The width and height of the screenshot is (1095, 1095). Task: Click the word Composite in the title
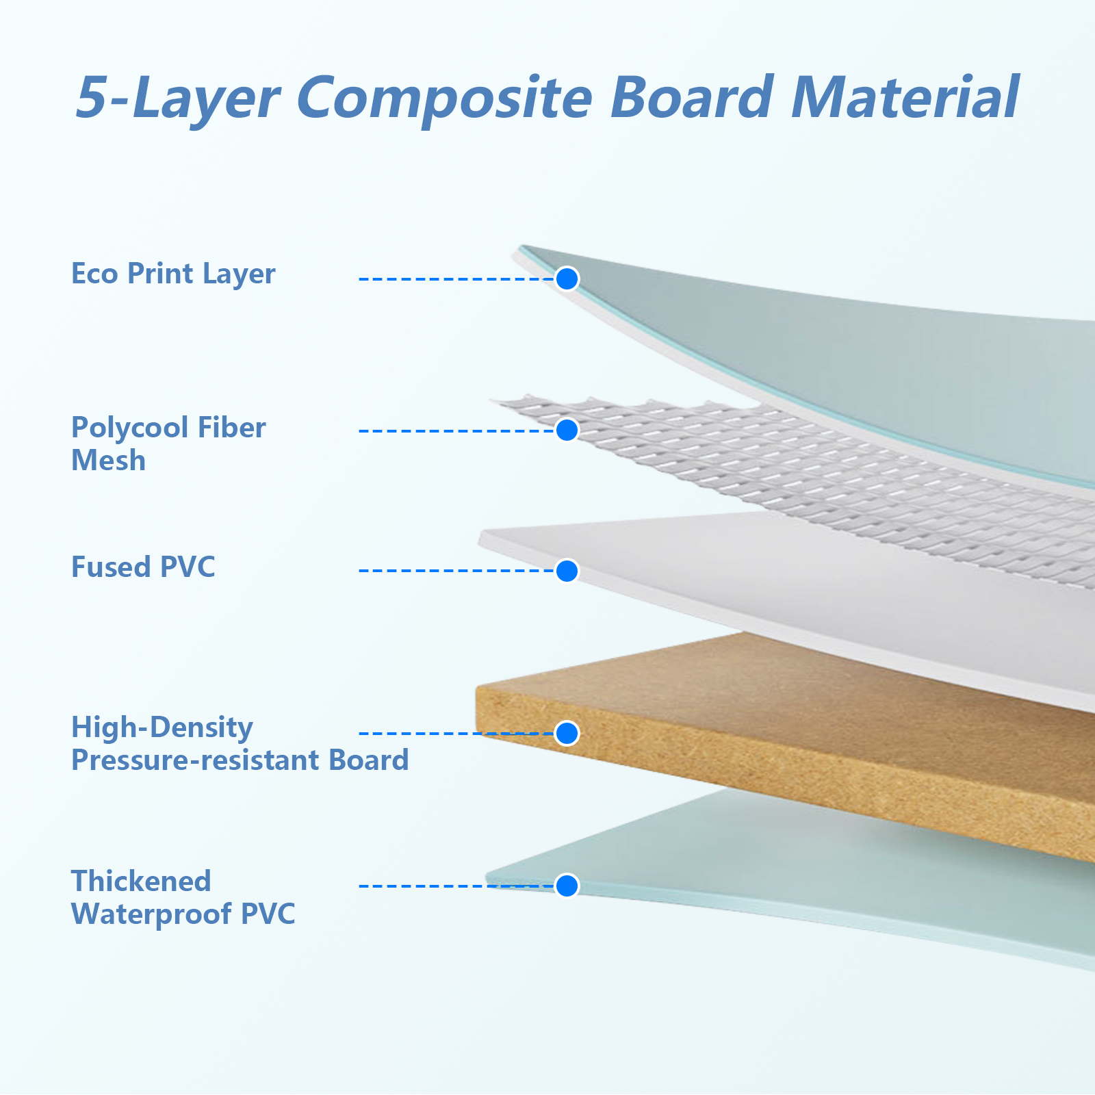point(444,98)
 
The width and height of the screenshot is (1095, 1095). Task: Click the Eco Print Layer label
point(173,274)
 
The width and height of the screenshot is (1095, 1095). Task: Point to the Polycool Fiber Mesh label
point(168,443)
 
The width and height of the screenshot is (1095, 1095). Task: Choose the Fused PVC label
point(143,567)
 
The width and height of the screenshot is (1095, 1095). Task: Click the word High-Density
point(162,727)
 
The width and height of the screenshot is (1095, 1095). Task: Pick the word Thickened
point(141,881)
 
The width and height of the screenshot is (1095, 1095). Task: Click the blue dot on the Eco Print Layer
point(567,279)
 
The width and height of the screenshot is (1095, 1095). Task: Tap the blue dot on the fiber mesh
point(567,430)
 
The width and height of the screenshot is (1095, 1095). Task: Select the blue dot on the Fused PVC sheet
point(567,571)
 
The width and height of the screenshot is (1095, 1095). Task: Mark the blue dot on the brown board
point(567,733)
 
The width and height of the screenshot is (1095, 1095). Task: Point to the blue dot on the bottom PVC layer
point(567,886)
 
